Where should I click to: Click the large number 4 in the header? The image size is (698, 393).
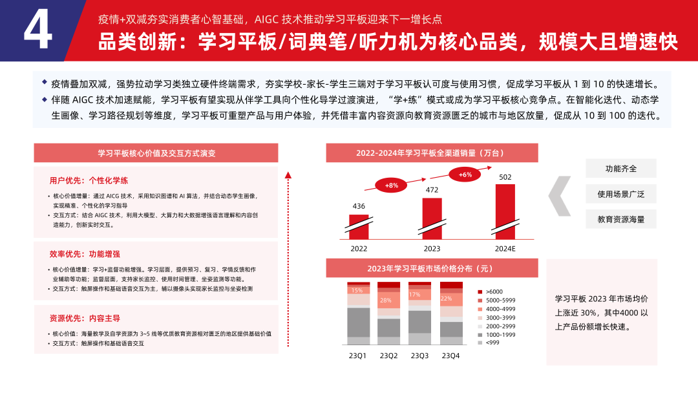click(x=37, y=31)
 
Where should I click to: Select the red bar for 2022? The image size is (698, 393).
click(x=358, y=227)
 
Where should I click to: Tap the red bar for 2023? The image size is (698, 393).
click(x=432, y=218)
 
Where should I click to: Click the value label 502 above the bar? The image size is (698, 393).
click(x=505, y=177)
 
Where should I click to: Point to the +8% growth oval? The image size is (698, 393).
click(x=392, y=186)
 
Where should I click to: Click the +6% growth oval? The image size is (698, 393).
click(x=465, y=175)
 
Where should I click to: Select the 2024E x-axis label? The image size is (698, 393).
click(x=505, y=249)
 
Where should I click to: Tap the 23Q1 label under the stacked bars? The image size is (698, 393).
click(x=358, y=356)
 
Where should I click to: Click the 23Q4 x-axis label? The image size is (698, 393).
click(x=450, y=356)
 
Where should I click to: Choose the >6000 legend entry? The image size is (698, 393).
click(x=494, y=292)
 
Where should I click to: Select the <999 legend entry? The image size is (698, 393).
click(x=492, y=342)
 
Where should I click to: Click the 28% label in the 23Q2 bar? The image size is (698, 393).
click(x=386, y=300)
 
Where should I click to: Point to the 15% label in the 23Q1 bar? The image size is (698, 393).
click(x=357, y=290)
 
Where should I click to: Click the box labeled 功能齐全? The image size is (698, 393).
click(x=621, y=169)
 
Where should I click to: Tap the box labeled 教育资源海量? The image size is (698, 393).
click(x=621, y=219)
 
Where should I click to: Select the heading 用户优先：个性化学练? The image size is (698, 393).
click(x=84, y=180)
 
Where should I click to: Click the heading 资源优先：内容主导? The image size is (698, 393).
click(x=84, y=318)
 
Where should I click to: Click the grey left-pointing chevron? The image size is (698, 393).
click(x=560, y=194)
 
